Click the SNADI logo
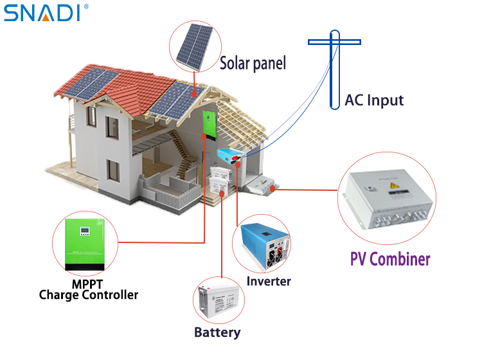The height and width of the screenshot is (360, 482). click(44, 12)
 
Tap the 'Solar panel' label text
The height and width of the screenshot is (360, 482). click(253, 64)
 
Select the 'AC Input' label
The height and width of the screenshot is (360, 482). click(374, 100)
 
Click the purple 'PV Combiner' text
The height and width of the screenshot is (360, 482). click(390, 259)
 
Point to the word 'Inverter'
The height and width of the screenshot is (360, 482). click(269, 282)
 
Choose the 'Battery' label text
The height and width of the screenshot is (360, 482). click(217, 332)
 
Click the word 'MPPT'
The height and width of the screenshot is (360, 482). click(87, 284)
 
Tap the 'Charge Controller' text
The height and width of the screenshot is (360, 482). click(89, 295)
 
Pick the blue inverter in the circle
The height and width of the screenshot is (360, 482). click(263, 245)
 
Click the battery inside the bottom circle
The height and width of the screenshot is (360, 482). click(220, 300)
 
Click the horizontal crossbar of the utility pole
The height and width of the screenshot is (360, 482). click(334, 42)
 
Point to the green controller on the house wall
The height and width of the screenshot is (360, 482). click(208, 126)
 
